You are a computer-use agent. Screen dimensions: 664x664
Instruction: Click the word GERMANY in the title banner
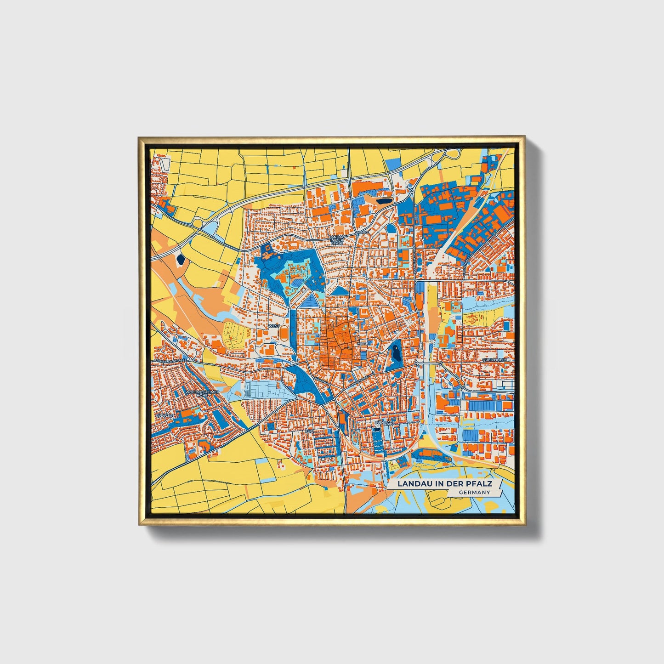point(474,492)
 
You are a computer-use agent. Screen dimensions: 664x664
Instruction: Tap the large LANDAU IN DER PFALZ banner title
point(445,484)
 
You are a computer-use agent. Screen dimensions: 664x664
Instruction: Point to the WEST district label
point(274,326)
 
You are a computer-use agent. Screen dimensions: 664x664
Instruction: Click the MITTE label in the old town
point(363,343)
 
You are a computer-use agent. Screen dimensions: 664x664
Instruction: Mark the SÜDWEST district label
point(165,415)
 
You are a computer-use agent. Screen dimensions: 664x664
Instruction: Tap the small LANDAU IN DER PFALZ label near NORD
point(337,240)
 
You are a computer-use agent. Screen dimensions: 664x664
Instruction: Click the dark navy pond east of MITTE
point(395,354)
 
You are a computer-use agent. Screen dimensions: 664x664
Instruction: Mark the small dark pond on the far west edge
point(180,260)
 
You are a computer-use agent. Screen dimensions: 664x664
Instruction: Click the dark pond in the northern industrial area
point(383,200)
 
